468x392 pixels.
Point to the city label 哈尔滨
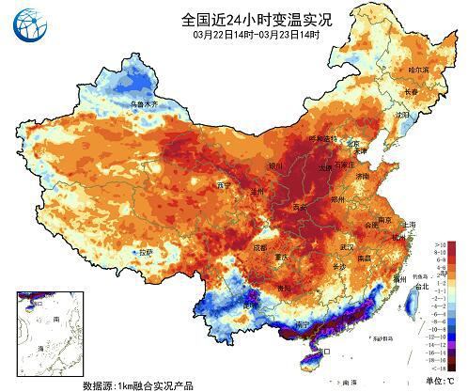click(x=417, y=71)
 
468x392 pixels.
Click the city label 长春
click(x=411, y=92)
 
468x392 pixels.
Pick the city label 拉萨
click(x=144, y=252)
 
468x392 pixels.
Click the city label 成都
click(x=258, y=247)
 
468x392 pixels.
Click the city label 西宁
click(x=224, y=183)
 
